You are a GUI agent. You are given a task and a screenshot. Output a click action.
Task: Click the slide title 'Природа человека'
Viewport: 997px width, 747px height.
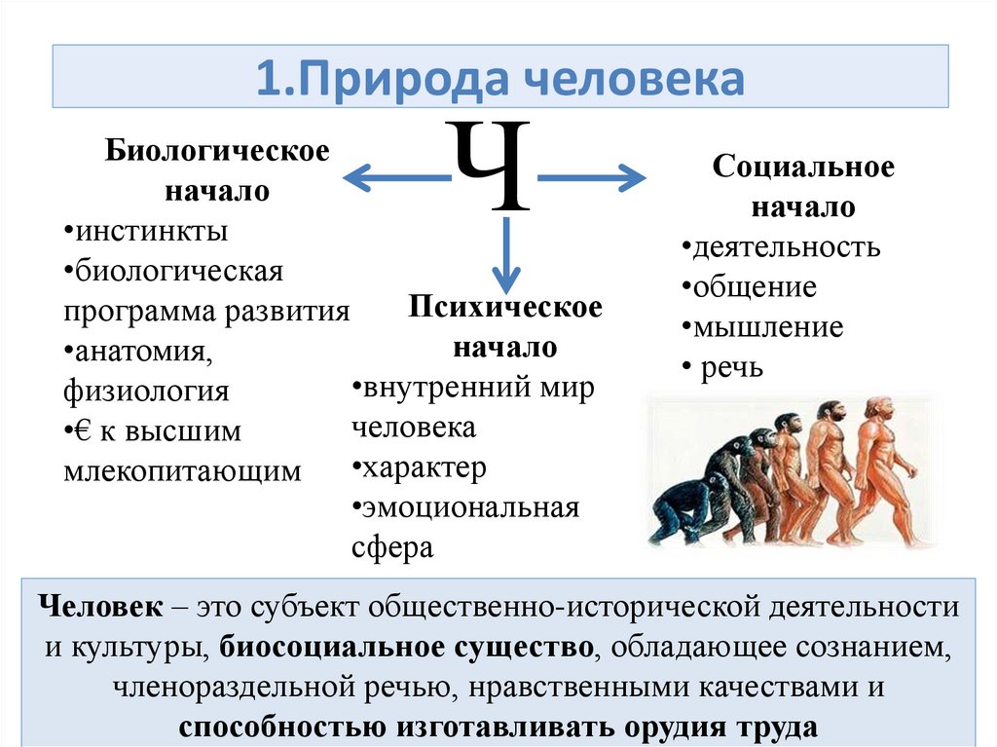pyautogui.click(x=499, y=79)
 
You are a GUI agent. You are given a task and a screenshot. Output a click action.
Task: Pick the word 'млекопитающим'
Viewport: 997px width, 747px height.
pyautogui.click(x=183, y=470)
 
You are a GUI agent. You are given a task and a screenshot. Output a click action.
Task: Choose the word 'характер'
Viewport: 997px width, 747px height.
pyautogui.click(x=424, y=467)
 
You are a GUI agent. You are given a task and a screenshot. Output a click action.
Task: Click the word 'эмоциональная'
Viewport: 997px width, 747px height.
pyautogui.click(x=471, y=507)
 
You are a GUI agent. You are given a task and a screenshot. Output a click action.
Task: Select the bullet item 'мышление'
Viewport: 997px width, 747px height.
pyautogui.click(x=768, y=327)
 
